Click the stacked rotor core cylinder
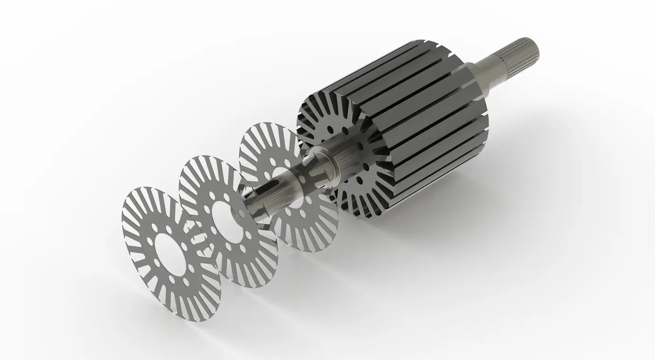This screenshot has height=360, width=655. click(x=417, y=119)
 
